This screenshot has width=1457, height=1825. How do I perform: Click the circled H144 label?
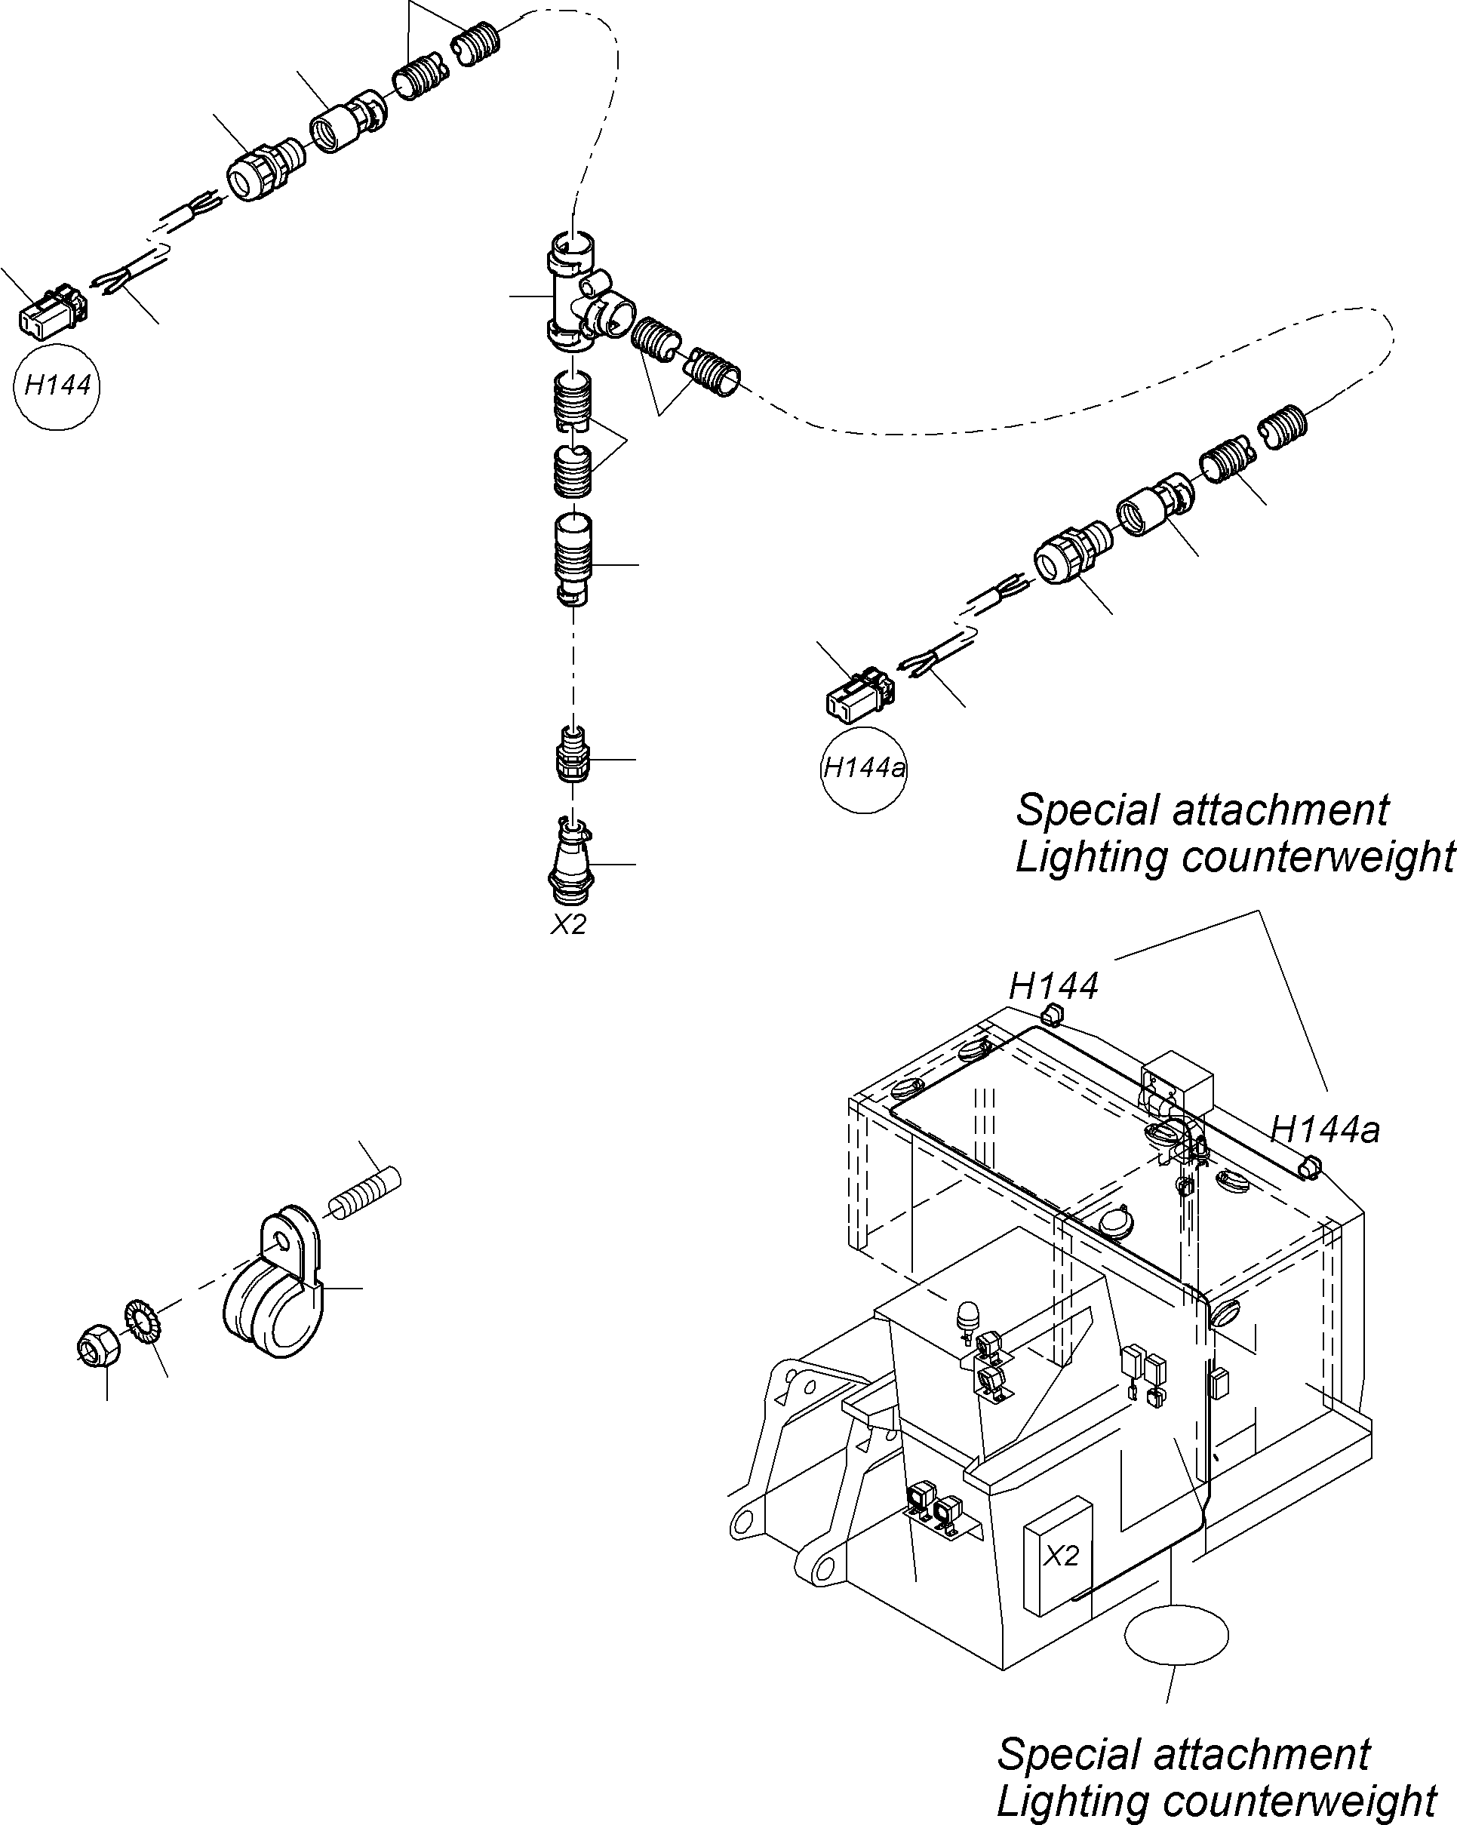pyautogui.click(x=57, y=387)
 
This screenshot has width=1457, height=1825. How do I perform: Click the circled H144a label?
pyautogui.click(x=863, y=770)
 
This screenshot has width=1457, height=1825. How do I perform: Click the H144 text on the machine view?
pyautogui.click(x=1053, y=986)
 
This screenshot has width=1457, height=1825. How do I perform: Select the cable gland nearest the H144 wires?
pyautogui.click(x=257, y=173)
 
